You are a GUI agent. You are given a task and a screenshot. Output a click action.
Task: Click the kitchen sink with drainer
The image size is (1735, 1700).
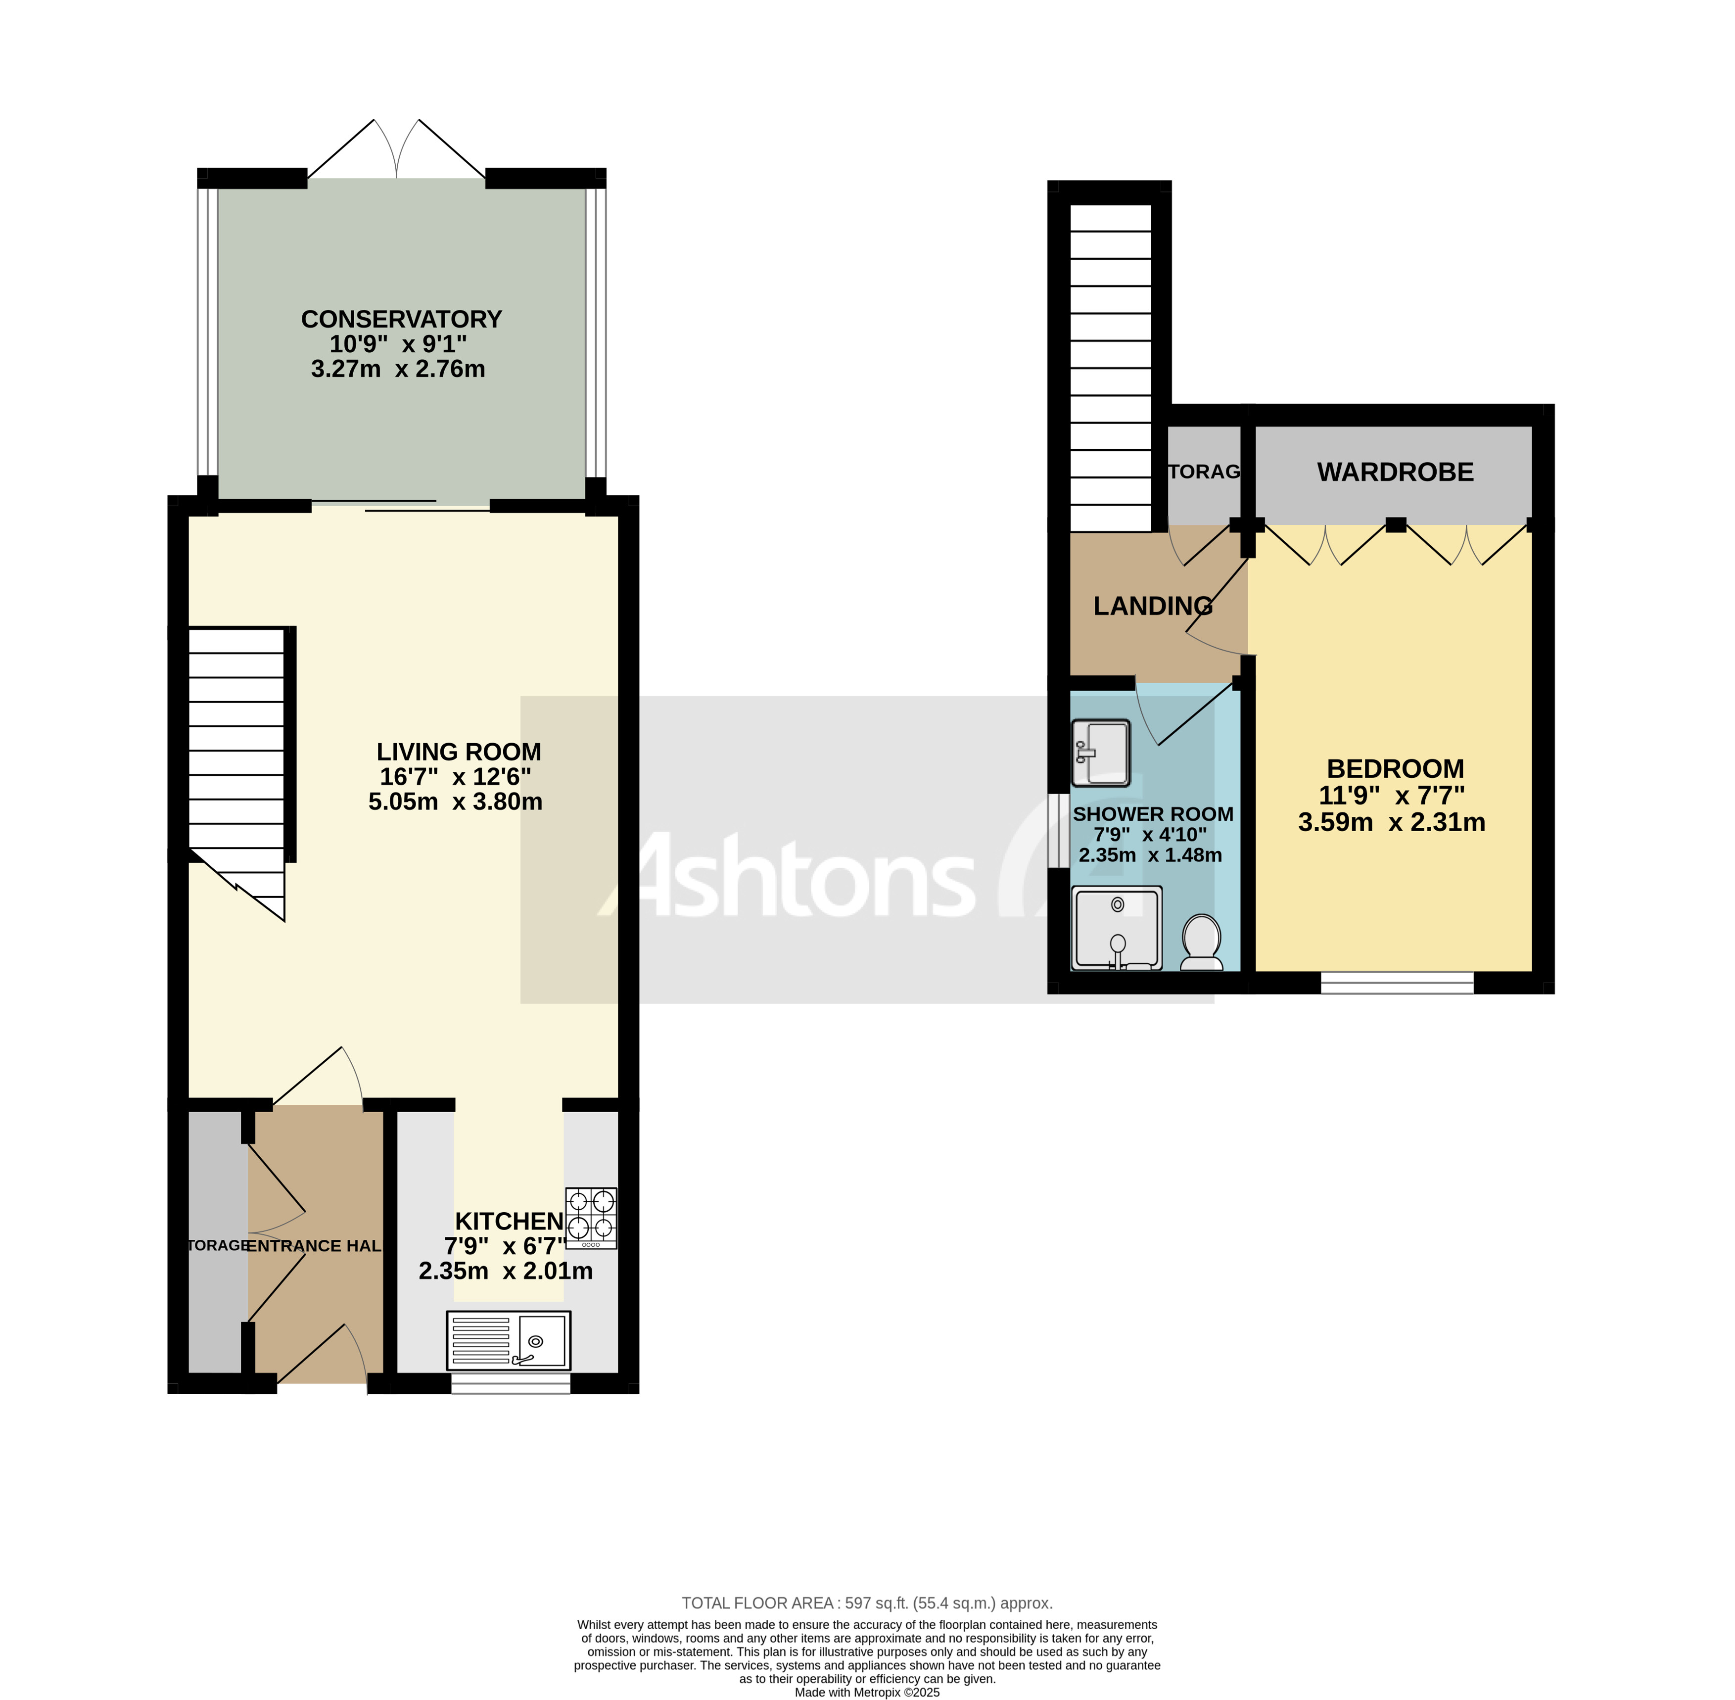[508, 1340]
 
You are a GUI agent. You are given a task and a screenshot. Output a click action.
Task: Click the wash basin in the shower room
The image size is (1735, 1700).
[1101, 753]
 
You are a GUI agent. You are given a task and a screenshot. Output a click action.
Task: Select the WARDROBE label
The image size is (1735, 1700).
[1395, 472]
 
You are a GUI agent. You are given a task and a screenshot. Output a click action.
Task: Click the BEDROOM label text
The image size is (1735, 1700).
[1395, 769]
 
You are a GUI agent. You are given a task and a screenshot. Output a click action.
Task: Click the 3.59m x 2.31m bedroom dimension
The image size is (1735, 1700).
[1391, 822]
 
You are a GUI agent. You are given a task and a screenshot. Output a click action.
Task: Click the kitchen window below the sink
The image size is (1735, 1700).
[510, 1383]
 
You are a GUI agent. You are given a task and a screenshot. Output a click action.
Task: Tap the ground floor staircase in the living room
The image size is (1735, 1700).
[236, 759]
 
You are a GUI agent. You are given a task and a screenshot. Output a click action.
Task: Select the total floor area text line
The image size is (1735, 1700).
[867, 1603]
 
